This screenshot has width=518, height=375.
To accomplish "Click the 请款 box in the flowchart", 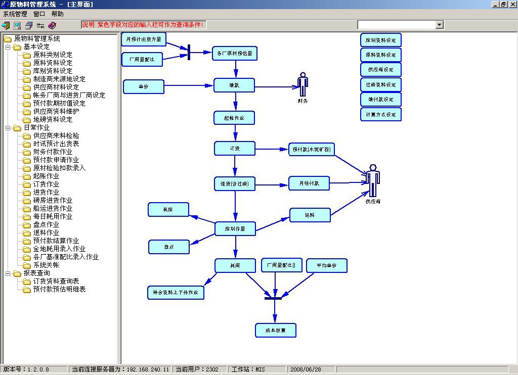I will (234, 85).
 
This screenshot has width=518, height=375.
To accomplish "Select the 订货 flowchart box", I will (235, 149).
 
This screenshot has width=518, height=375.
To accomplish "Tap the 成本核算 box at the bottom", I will (275, 330).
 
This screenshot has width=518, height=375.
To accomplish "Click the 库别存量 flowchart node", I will (235, 229).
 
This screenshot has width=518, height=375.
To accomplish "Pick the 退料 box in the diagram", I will (310, 215).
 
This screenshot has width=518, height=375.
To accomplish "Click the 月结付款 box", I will (309, 183).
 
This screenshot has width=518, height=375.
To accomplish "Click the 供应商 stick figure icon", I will (373, 180).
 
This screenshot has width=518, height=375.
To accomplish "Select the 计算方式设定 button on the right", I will (381, 114).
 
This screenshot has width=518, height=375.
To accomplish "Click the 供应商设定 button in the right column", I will (381, 70).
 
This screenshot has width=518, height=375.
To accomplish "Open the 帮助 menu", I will (57, 14).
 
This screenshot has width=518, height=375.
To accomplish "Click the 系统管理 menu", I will (15, 14).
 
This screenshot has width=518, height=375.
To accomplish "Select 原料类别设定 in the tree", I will (53, 55).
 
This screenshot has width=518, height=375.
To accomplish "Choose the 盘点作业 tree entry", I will (46, 224).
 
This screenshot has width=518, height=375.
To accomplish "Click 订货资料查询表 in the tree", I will (56, 281).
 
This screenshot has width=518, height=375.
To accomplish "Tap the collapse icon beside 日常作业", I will (8, 128).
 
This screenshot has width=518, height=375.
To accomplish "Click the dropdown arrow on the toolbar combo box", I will (439, 25).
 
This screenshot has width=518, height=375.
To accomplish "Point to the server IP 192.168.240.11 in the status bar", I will (148, 369).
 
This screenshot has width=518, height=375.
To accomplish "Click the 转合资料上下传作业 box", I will (175, 293).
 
